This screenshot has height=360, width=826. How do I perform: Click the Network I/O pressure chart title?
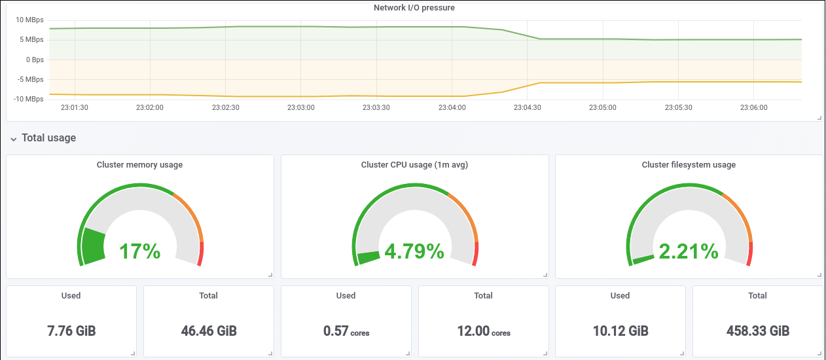pos(414,8)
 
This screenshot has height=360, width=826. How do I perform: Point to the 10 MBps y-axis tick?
pos(29,20)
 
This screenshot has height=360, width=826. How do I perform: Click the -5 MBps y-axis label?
pos(30,79)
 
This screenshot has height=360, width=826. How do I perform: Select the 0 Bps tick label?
pos(35,60)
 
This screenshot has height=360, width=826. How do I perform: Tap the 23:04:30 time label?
pos(528,107)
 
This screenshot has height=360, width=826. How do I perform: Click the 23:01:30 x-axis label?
pos(75,107)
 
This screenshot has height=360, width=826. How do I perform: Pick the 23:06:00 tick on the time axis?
pos(754,107)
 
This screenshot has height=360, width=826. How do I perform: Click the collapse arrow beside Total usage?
pos(14,139)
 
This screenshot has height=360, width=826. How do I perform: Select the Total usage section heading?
pos(48,137)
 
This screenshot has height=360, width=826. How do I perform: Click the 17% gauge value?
pos(140,251)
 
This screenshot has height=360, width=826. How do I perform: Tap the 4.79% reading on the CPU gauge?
pos(414,251)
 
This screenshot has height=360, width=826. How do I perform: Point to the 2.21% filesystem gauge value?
pos(689,251)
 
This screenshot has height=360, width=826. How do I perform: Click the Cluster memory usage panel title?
pos(140,165)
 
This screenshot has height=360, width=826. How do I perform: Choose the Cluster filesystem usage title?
pos(689,165)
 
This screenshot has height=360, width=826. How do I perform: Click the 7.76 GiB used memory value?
pos(71,331)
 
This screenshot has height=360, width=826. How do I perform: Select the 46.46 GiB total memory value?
pos(209,331)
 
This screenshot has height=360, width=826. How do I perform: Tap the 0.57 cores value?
pos(346,331)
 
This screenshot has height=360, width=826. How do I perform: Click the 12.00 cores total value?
pos(484,331)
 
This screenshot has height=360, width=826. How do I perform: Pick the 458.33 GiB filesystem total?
pos(758,331)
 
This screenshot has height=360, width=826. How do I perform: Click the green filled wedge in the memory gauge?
pos(94,245)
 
